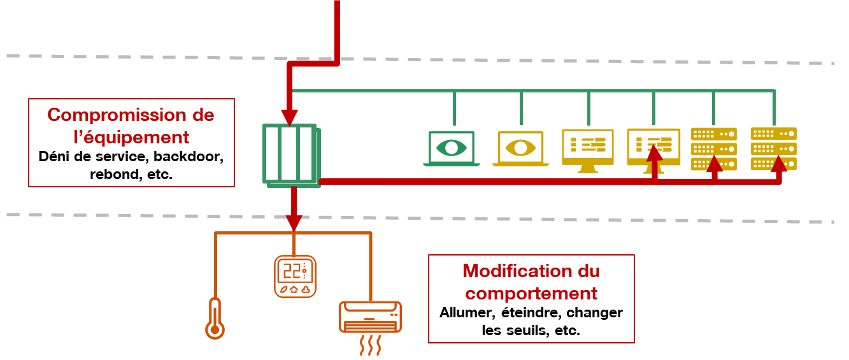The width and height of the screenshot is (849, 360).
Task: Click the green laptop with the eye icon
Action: [x=452, y=148]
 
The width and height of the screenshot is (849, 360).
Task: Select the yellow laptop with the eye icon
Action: [x=520, y=148]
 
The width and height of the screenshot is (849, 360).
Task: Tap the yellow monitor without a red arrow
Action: [x=587, y=150]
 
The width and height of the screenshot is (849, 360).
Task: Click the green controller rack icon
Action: [x=292, y=155]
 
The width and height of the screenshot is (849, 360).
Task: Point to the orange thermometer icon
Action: [x=215, y=319]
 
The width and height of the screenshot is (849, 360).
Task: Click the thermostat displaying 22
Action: [x=295, y=277]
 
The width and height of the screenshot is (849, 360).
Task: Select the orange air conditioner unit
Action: [x=370, y=317]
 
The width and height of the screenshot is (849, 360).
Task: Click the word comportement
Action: [x=531, y=293]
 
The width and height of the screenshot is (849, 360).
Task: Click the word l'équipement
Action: [x=131, y=138]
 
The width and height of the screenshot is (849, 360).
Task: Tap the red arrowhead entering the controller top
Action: [x=289, y=118]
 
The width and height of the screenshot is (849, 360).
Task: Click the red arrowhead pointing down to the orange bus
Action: [x=294, y=223]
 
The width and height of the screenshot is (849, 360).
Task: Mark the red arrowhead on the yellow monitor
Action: [x=654, y=152]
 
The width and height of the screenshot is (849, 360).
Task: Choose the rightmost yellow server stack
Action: [x=774, y=149]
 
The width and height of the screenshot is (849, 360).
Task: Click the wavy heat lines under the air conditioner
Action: [x=370, y=345]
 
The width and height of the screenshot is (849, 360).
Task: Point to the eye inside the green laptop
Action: [x=452, y=148]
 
